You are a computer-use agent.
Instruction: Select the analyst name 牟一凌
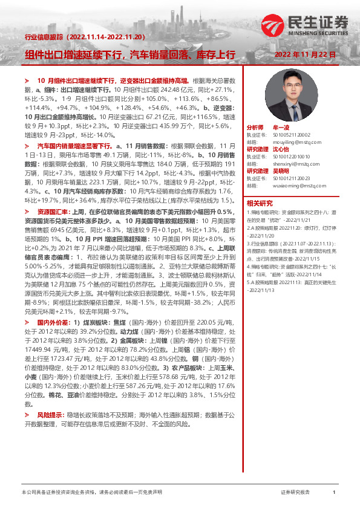281,128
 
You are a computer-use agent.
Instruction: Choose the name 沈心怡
281,149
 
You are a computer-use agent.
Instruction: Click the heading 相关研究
260,203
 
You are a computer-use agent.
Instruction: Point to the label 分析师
255,128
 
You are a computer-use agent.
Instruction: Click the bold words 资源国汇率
54,212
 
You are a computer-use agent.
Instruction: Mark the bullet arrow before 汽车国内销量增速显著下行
27,146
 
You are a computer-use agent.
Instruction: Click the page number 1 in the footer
334,493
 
